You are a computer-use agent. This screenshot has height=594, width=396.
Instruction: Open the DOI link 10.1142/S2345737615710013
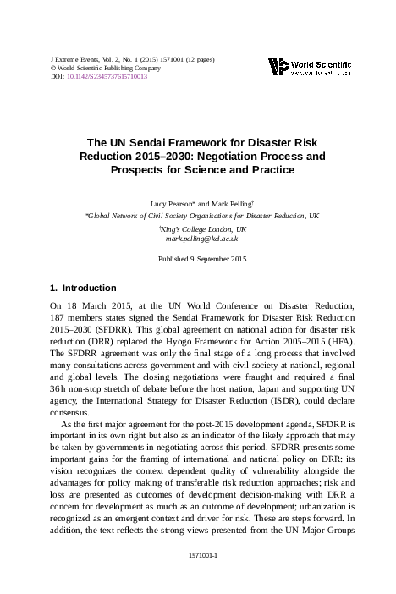pyautogui.click(x=106, y=76)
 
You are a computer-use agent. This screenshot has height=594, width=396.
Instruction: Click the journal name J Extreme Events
pyautogui.click(x=72, y=59)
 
